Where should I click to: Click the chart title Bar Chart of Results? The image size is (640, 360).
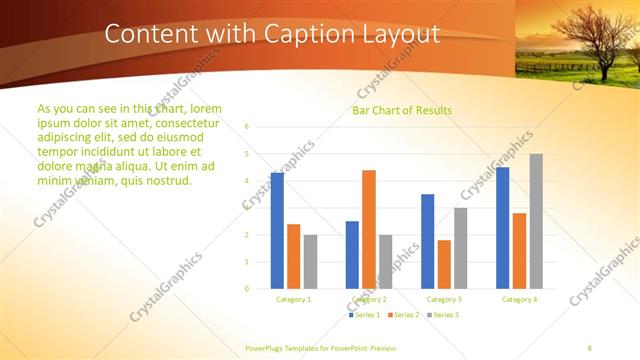(x=401, y=110)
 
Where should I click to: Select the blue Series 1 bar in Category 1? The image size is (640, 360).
(x=277, y=230)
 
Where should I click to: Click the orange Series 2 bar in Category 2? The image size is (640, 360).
(x=369, y=229)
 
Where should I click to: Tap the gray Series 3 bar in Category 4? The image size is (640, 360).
(x=536, y=221)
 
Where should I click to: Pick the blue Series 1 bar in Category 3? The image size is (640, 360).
(x=427, y=241)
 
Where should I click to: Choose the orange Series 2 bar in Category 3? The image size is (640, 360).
(x=444, y=264)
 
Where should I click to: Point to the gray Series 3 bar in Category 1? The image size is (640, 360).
(x=311, y=261)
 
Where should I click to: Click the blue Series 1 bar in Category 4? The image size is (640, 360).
(x=502, y=227)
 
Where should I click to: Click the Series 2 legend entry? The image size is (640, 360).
(x=402, y=315)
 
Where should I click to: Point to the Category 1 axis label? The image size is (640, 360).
(x=294, y=299)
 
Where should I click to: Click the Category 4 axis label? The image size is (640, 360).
(x=519, y=299)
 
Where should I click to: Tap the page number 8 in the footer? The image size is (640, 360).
(x=589, y=346)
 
